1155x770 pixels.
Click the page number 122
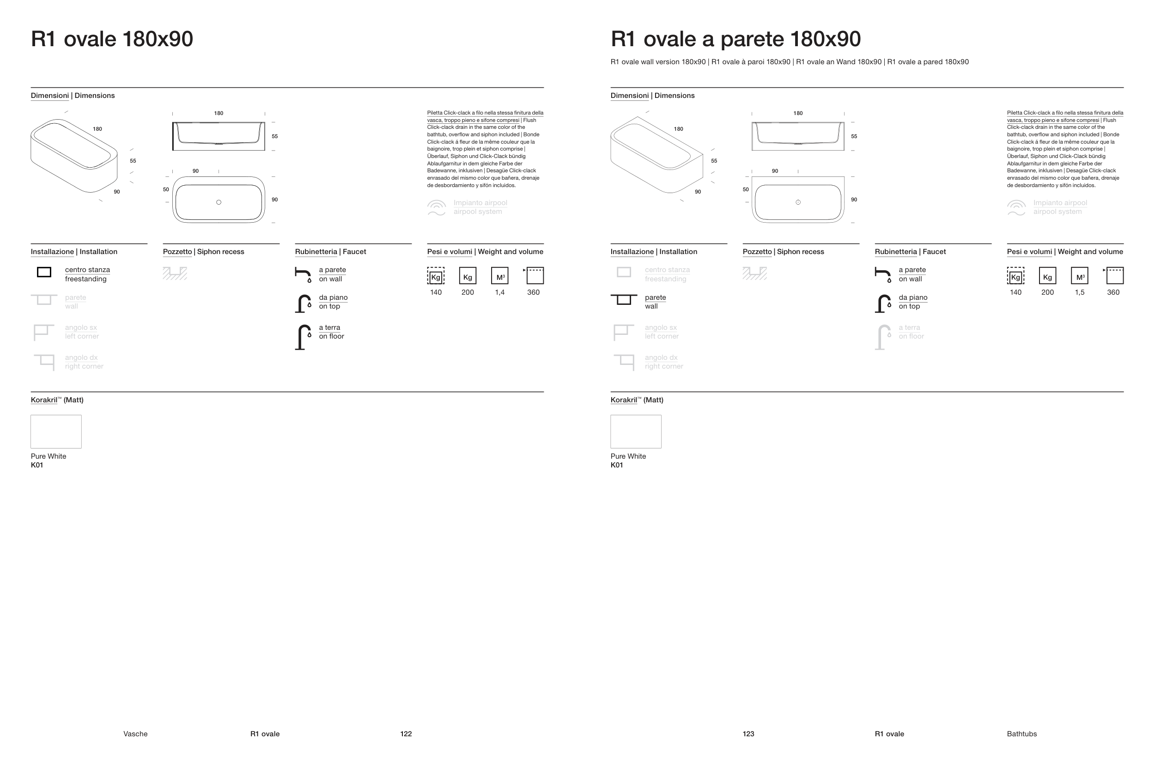point(406,734)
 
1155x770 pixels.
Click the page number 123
point(748,734)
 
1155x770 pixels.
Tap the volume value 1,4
point(499,292)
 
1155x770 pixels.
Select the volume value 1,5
point(1079,292)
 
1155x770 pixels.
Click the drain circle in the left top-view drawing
point(219,202)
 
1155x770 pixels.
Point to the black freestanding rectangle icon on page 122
point(44,272)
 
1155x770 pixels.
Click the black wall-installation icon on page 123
point(624,299)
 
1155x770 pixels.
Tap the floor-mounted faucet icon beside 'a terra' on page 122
point(303,337)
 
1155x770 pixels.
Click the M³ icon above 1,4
point(500,275)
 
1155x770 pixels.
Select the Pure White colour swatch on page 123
point(636,431)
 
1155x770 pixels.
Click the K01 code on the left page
point(37,465)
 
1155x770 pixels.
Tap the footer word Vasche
point(135,734)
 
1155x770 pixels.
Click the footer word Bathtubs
point(1021,734)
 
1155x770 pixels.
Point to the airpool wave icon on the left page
point(437,208)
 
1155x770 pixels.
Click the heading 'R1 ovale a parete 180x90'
point(736,39)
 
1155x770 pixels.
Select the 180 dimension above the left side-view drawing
point(219,113)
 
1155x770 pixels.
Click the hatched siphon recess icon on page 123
point(755,273)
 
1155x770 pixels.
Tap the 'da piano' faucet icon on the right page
point(883,303)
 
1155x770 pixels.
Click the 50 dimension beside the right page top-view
point(746,189)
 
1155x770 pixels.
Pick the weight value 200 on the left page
point(468,292)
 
